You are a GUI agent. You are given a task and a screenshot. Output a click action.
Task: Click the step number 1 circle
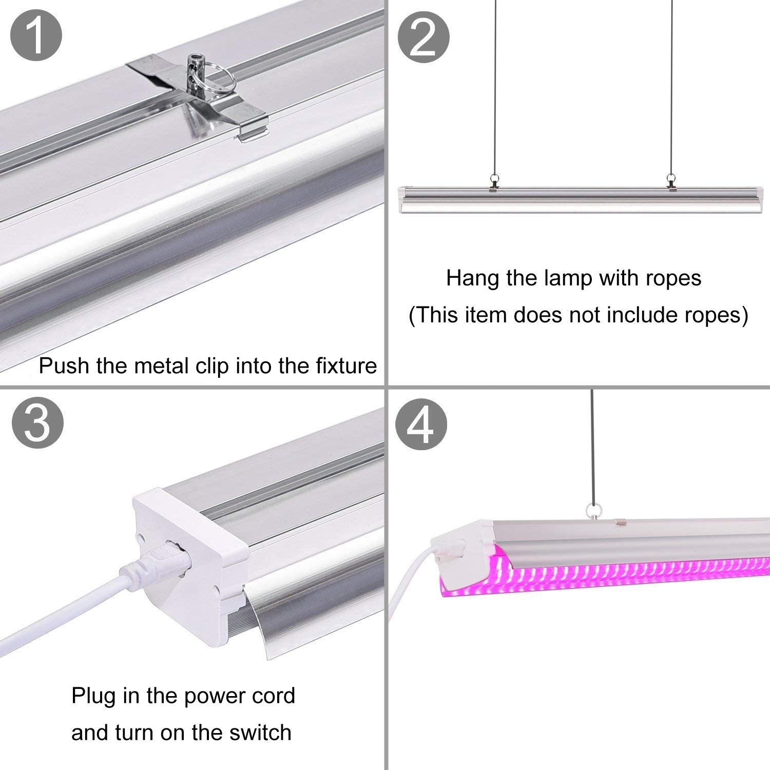pos(36,36)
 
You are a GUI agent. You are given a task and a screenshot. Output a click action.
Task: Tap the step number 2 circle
pos(424,36)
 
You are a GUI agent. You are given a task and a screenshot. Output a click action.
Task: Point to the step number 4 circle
pos(421,424)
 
